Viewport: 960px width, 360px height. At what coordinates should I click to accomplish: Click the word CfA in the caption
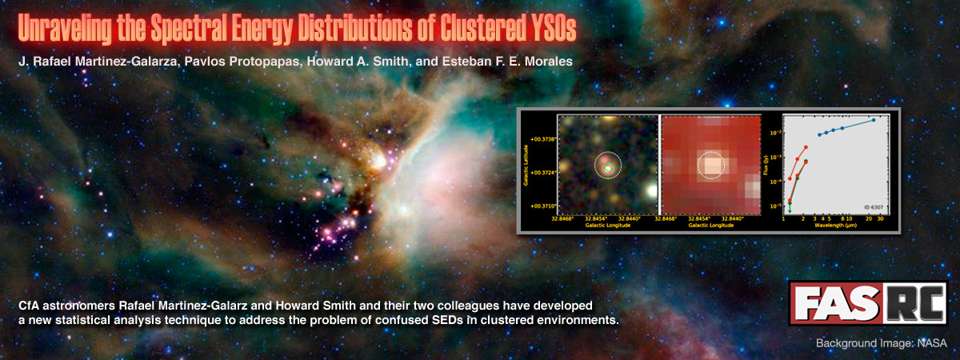pos(28,306)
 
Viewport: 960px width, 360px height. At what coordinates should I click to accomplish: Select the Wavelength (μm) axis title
pos(837,226)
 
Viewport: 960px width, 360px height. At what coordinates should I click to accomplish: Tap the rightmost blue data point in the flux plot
pos(874,120)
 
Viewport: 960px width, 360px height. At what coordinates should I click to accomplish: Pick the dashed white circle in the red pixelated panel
pos(710,166)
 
